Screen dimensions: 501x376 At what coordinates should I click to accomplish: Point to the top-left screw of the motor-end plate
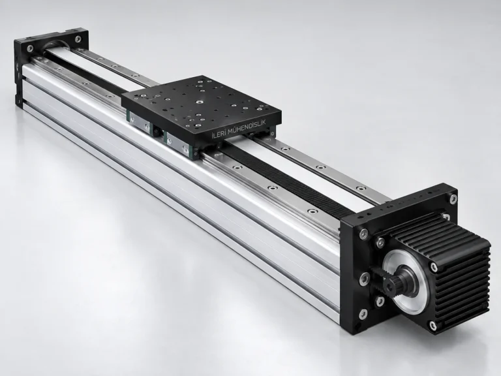[363, 234]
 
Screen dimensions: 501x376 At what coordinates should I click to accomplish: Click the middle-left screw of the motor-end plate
[365, 278]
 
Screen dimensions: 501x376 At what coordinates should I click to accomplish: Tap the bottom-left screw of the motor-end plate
[363, 315]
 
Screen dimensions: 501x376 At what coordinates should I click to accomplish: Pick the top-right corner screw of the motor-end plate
[453, 199]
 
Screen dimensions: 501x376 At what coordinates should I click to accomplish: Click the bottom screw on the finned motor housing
[433, 326]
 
